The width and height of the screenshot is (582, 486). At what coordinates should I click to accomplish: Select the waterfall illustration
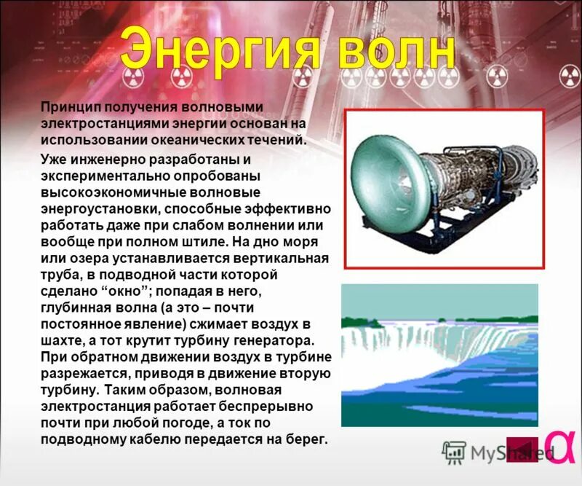439,354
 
